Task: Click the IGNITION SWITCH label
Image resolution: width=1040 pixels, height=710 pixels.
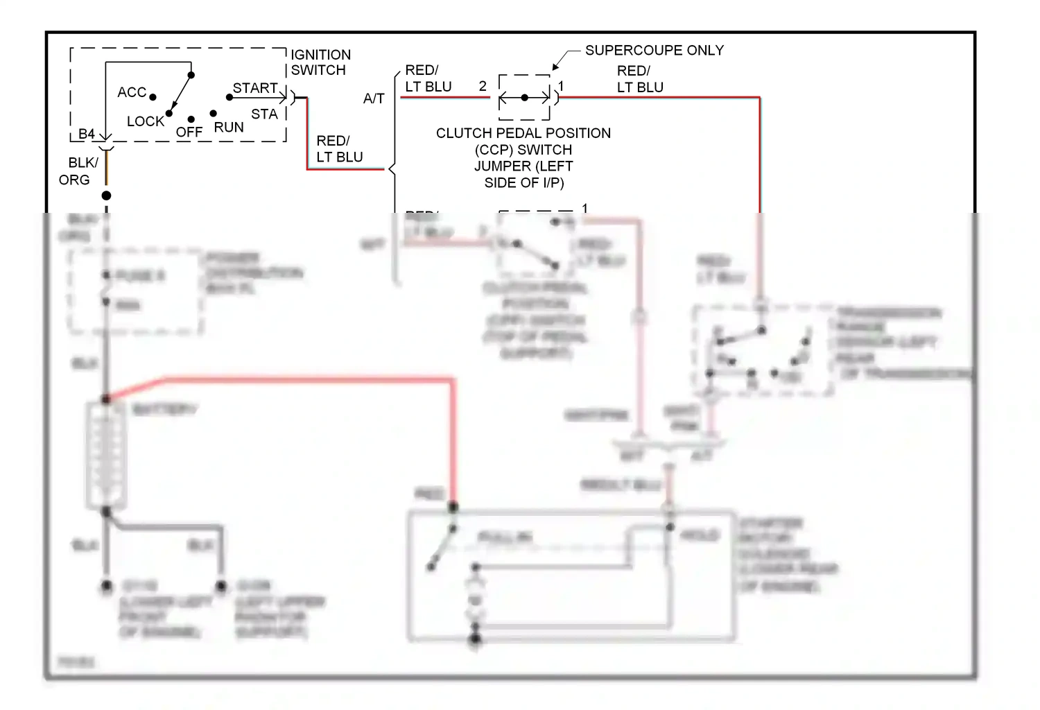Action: pos(320,62)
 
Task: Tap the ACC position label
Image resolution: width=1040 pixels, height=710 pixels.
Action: pos(132,92)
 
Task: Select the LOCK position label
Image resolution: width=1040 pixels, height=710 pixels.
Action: pos(145,121)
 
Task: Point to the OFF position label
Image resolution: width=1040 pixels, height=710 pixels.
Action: pos(189,132)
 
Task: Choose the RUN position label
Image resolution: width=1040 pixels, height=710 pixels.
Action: pos(229,128)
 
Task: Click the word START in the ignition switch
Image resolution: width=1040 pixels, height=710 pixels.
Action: pos(254,88)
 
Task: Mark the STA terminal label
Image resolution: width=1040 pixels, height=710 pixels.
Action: pos(264,114)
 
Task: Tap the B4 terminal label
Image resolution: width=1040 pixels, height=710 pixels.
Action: pos(86,134)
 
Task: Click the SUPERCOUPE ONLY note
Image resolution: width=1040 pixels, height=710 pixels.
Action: pos(654,51)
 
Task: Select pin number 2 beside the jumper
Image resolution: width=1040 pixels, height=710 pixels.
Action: pos(483,86)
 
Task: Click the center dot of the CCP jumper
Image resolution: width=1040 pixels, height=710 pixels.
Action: pos(525,98)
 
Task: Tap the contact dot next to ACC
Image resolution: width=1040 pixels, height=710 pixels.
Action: pos(153,98)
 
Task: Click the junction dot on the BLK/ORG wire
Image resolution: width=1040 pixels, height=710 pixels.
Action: pos(106,196)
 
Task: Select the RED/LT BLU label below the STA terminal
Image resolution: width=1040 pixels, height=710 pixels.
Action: pos(339,149)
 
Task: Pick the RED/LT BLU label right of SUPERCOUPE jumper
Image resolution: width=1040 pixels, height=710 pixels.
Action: pos(640,79)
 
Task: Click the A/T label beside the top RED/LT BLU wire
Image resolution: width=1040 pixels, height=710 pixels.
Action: pos(374,98)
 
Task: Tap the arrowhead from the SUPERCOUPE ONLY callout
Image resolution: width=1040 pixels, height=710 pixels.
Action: pos(555,68)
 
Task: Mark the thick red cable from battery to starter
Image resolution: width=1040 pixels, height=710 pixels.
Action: pos(312,379)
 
